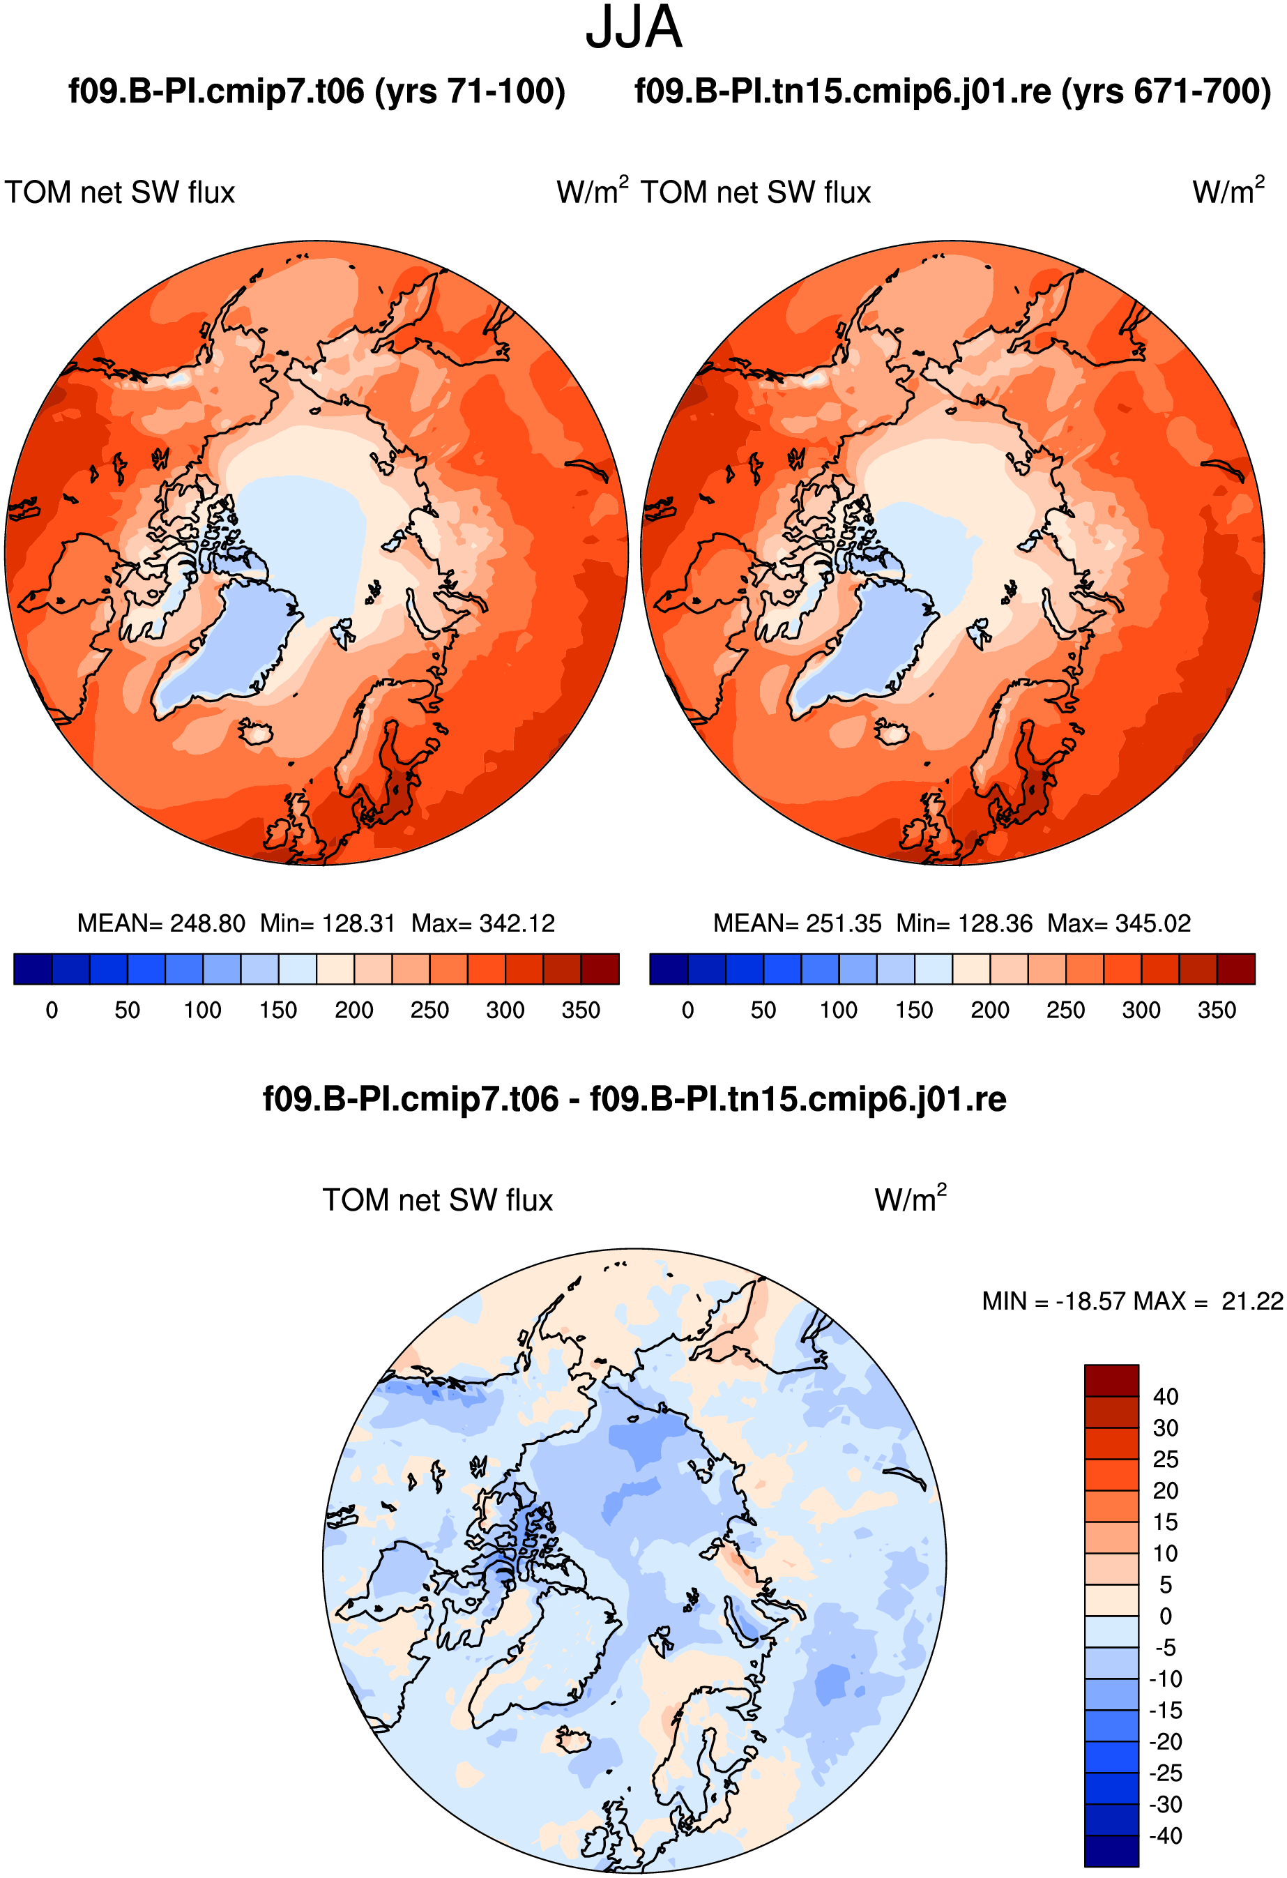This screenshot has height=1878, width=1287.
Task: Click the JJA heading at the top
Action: pyautogui.click(x=634, y=27)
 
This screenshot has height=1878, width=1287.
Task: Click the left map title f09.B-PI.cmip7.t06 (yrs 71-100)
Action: pyautogui.click(x=317, y=91)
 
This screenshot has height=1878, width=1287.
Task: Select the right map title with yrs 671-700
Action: pyautogui.click(x=953, y=91)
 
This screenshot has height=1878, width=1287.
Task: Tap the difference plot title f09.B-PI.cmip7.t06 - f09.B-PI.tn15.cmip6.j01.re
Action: pyautogui.click(x=635, y=1099)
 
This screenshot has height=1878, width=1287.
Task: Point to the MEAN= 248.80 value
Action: pyautogui.click(x=161, y=923)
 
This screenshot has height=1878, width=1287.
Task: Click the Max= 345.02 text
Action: pyautogui.click(x=1119, y=923)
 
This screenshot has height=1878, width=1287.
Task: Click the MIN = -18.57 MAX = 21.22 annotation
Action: pyautogui.click(x=1133, y=1301)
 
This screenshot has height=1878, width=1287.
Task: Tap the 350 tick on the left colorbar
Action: pyautogui.click(x=581, y=1010)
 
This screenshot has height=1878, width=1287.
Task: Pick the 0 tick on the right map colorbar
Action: pyautogui.click(x=687, y=1010)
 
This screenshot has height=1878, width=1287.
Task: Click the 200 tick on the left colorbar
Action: pyautogui.click(x=354, y=1010)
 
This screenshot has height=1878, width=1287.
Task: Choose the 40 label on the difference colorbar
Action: pyautogui.click(x=1166, y=1396)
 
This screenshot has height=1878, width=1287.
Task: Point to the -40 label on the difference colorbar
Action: pyautogui.click(x=1166, y=1836)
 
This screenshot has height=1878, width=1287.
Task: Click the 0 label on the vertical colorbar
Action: pyautogui.click(x=1166, y=1616)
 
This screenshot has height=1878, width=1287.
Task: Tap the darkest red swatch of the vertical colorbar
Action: pyautogui.click(x=1112, y=1380)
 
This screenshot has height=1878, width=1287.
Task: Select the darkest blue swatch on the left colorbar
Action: pyautogui.click(x=33, y=969)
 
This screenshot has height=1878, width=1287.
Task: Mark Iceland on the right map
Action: pyautogui.click(x=892, y=733)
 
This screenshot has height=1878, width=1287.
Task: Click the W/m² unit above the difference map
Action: pyautogui.click(x=911, y=1199)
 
